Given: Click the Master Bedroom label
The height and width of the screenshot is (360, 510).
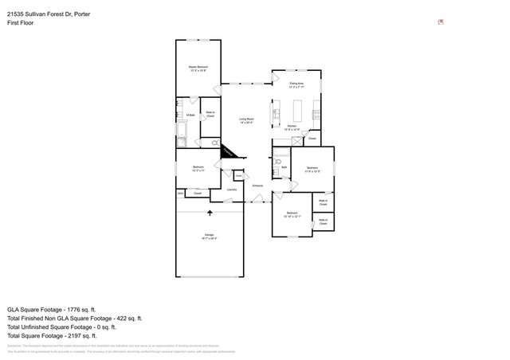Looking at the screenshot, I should click(x=198, y=68).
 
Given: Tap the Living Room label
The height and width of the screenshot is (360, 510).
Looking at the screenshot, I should click(x=246, y=121).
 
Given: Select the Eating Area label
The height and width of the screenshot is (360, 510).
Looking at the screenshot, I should click(x=296, y=84).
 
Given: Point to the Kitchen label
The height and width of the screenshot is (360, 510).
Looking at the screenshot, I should click(x=292, y=127).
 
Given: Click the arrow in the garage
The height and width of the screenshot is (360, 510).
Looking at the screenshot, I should click(x=210, y=213).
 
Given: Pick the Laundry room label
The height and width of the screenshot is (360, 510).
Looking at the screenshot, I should click(x=232, y=190).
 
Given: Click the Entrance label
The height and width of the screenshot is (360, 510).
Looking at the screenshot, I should click(x=257, y=186).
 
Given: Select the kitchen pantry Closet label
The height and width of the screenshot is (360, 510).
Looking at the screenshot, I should click(x=312, y=139).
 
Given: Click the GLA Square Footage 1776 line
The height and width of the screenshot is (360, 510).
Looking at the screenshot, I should click(x=52, y=308).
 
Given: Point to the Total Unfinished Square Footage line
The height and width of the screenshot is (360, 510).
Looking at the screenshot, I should click(x=61, y=327).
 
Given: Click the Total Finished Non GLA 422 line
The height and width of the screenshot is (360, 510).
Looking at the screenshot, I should click(x=74, y=318).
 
